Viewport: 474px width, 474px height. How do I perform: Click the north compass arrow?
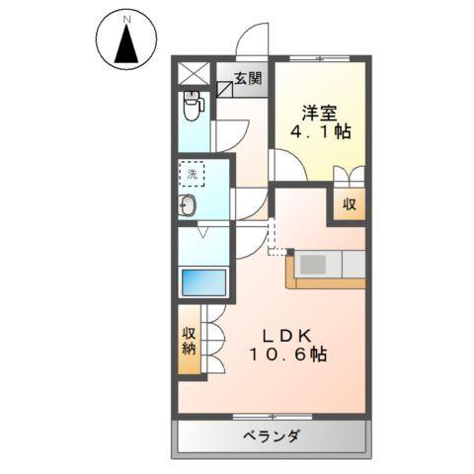125,45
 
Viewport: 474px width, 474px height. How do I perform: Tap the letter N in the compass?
125,20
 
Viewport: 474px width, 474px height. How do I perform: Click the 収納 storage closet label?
189,341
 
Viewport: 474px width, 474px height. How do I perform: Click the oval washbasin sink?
189,205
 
